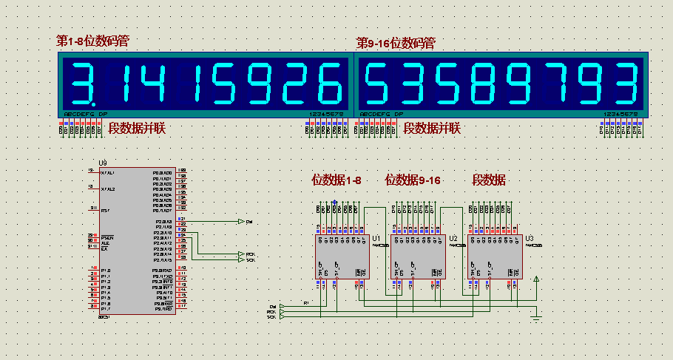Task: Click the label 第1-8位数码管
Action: pos(93,41)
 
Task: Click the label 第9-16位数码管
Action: pos(396,44)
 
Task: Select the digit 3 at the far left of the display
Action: pos(83,83)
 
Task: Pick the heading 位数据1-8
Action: pos(336,180)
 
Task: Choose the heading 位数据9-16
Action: pos(413,180)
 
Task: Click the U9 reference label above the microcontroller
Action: pos(103,163)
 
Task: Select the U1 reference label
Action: pos(376,238)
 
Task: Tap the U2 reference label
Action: pos(453,238)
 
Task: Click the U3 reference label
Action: pos(529,238)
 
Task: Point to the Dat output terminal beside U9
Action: pos(241,221)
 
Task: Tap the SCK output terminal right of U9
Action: pos(241,260)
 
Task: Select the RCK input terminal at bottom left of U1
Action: pos(274,312)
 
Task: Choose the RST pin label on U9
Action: pos(106,210)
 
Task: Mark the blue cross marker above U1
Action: pos(335,202)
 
